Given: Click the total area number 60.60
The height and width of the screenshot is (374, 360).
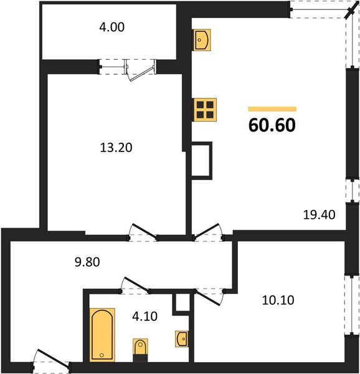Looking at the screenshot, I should click(272, 125).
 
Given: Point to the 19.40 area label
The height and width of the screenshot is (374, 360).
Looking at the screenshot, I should click(318, 215).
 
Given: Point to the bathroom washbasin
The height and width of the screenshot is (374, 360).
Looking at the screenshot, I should click(182, 338).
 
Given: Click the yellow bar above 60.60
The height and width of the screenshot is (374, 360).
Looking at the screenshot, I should click(272, 108).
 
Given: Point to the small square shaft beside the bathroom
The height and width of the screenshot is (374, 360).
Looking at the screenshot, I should click(181, 303).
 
